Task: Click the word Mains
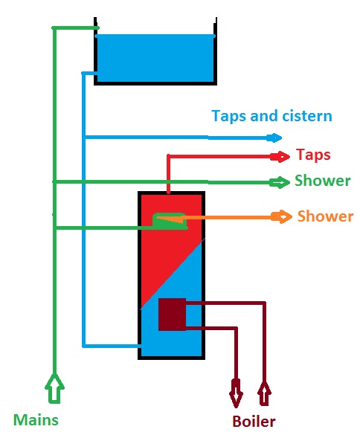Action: [36, 419]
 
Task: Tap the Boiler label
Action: [254, 422]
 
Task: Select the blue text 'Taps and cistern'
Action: [271, 116]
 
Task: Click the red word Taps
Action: [312, 155]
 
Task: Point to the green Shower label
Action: [322, 181]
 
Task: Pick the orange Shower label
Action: [325, 216]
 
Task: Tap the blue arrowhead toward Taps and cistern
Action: [275, 138]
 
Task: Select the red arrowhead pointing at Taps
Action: [283, 156]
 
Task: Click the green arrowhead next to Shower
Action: [280, 182]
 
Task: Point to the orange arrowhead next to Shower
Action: [282, 217]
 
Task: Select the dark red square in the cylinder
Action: [172, 315]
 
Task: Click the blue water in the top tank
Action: [155, 57]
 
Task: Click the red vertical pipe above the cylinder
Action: [170, 175]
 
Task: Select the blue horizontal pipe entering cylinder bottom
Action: [112, 346]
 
